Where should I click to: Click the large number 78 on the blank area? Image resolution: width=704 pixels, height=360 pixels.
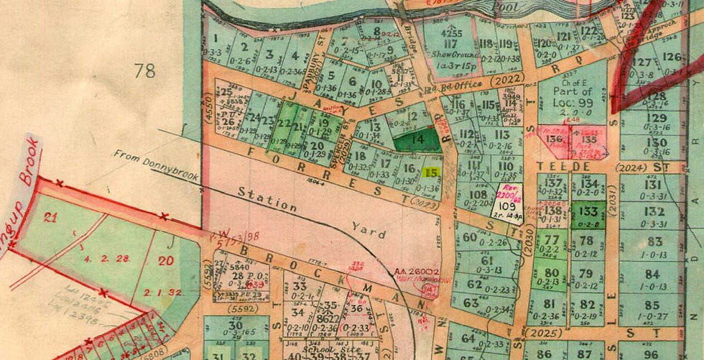point(144,70)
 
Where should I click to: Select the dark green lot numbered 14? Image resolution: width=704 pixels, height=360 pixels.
point(419,138)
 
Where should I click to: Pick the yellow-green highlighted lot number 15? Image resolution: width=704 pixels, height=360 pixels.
point(431,172)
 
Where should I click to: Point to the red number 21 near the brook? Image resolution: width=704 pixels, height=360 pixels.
point(50,218)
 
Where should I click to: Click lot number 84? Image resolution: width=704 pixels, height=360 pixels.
point(653,274)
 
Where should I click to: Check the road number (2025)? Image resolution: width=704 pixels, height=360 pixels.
point(540,334)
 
